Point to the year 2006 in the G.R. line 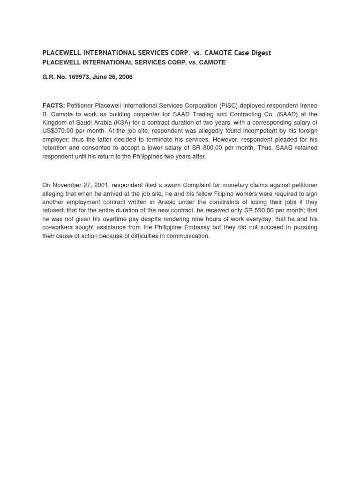[x=125, y=77]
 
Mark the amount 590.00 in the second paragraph [x=262, y=210]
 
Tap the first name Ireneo [x=307, y=105]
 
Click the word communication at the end [x=186, y=236]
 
